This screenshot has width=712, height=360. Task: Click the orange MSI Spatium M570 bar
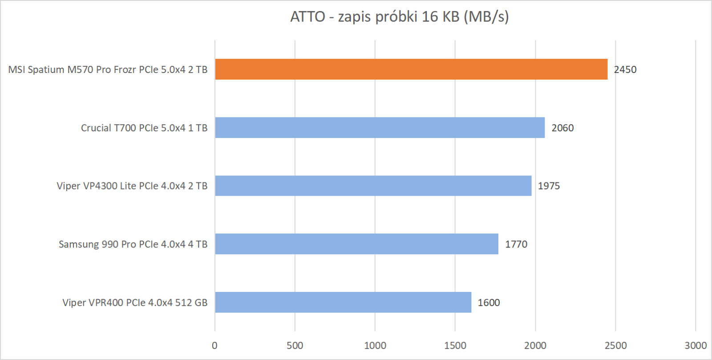click(411, 69)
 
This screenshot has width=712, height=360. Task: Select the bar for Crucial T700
click(380, 128)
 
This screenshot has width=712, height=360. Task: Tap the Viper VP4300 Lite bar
click(373, 186)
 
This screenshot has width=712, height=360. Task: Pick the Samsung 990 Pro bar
click(356, 244)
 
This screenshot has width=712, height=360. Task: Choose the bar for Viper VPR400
click(343, 302)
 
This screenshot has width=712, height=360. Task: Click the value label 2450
click(625, 69)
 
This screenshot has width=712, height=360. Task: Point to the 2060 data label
click(562, 128)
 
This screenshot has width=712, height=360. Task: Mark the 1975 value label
click(549, 186)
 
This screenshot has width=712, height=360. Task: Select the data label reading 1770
click(516, 244)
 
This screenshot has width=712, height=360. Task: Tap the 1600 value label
click(489, 303)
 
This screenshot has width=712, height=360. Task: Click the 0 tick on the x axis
click(214, 345)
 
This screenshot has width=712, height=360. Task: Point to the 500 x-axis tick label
click(295, 345)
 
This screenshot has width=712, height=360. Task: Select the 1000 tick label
click(375, 345)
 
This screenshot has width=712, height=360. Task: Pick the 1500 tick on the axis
click(455, 345)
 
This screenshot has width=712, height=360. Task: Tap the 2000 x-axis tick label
click(535, 345)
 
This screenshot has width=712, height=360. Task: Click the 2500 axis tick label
click(615, 345)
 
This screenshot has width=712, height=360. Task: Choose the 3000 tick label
click(696, 345)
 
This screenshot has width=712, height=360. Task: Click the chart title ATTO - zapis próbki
click(399, 16)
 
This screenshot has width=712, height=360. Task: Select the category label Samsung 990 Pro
click(133, 244)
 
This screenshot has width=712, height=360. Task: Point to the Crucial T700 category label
click(144, 128)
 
